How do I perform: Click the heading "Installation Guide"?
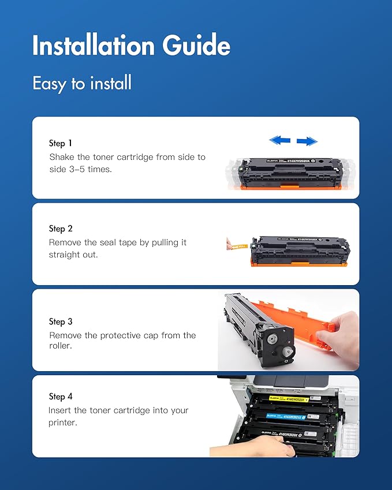(131, 46)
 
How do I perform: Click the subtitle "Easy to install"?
(82, 83)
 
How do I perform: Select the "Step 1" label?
(61, 143)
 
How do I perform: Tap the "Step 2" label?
(61, 229)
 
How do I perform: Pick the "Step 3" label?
(61, 321)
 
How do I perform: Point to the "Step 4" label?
(61, 397)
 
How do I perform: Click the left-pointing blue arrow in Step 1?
(280, 140)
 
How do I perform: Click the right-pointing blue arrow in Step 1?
(307, 141)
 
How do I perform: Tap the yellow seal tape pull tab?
(236, 246)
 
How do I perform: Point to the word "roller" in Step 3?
(61, 347)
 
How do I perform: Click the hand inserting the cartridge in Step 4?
(248, 447)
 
